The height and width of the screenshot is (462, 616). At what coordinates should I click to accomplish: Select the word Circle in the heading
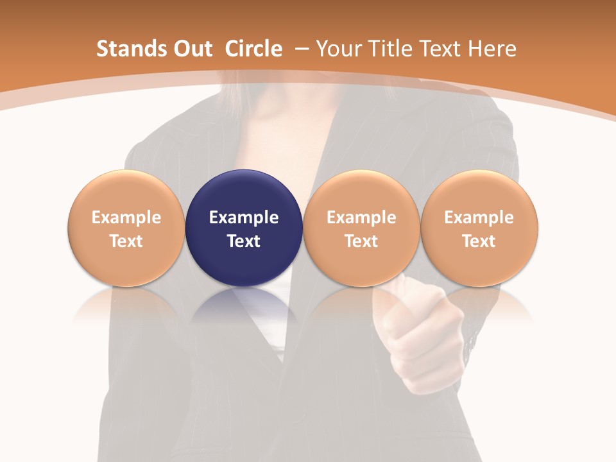point(253,49)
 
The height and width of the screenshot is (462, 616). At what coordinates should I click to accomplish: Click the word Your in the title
point(336,49)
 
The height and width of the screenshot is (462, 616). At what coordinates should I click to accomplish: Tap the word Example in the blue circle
point(244,218)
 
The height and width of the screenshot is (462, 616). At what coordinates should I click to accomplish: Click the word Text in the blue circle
point(244,241)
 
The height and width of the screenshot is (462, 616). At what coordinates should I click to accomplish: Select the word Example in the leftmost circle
point(126,218)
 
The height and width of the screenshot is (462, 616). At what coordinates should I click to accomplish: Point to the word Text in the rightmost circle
point(479,241)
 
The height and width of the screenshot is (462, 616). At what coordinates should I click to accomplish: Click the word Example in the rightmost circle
point(479,218)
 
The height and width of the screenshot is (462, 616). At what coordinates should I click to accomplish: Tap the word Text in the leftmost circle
point(126,241)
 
